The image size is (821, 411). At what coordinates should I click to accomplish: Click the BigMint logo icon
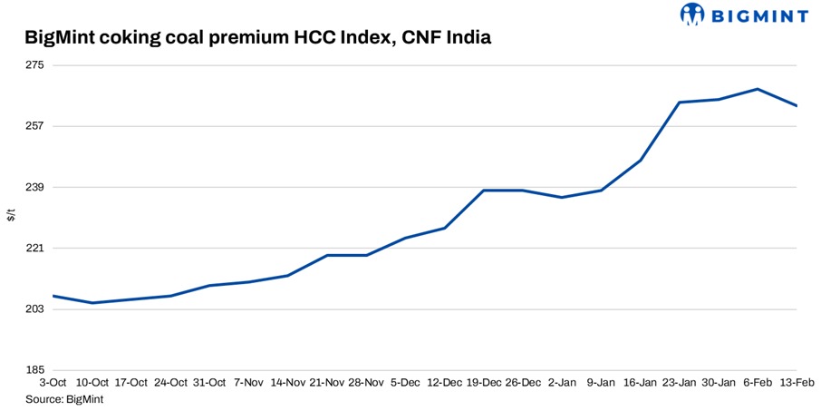[x=691, y=15]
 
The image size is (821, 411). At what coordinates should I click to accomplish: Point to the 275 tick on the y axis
[x=34, y=65]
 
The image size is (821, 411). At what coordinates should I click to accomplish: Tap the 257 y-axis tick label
[x=34, y=126]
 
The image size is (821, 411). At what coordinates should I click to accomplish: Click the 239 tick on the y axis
[x=34, y=187]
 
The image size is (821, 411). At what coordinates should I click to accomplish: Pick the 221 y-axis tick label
[x=34, y=248]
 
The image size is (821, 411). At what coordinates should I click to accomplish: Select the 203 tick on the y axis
[x=34, y=309]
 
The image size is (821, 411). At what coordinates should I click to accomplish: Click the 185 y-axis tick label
[x=34, y=370]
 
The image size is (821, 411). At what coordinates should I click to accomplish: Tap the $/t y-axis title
[x=12, y=216]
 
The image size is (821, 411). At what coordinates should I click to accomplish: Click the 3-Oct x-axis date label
[x=53, y=383]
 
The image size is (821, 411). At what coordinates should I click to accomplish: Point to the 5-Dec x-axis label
[x=405, y=383]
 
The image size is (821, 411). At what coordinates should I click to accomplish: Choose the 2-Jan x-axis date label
[x=562, y=383]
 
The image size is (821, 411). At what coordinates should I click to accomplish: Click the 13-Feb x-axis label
[x=797, y=383]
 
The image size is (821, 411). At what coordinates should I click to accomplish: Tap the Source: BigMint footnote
[x=64, y=398]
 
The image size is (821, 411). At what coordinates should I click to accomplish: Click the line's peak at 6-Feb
[x=758, y=89]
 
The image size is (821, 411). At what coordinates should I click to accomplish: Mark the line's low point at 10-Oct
[x=92, y=303]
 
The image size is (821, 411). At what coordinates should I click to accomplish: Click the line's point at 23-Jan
[x=680, y=103]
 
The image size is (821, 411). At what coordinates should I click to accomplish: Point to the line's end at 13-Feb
[x=797, y=106]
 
